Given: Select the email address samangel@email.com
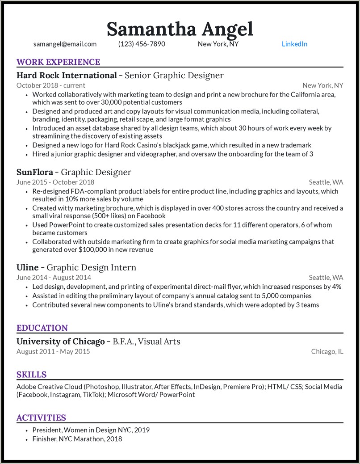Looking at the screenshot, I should (65, 44).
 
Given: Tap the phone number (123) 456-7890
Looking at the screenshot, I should (142, 44).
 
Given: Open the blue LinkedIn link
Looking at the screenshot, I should (294, 44).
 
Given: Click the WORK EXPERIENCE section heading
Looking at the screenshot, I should (58, 62).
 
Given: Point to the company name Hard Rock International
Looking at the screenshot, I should (67, 75).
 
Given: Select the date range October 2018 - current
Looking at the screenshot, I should (51, 85).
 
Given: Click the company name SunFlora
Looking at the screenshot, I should (35, 172).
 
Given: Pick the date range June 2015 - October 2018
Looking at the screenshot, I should (55, 182).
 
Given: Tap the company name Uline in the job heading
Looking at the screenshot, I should (28, 267).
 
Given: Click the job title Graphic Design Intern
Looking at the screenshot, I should (92, 267).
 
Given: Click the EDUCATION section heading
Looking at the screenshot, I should (42, 328).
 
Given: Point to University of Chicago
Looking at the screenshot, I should (60, 342).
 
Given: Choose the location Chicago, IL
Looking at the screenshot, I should (327, 351).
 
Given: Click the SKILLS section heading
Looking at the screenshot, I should (31, 375).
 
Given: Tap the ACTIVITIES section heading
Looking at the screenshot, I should (41, 418).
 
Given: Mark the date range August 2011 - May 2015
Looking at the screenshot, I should (53, 351).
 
